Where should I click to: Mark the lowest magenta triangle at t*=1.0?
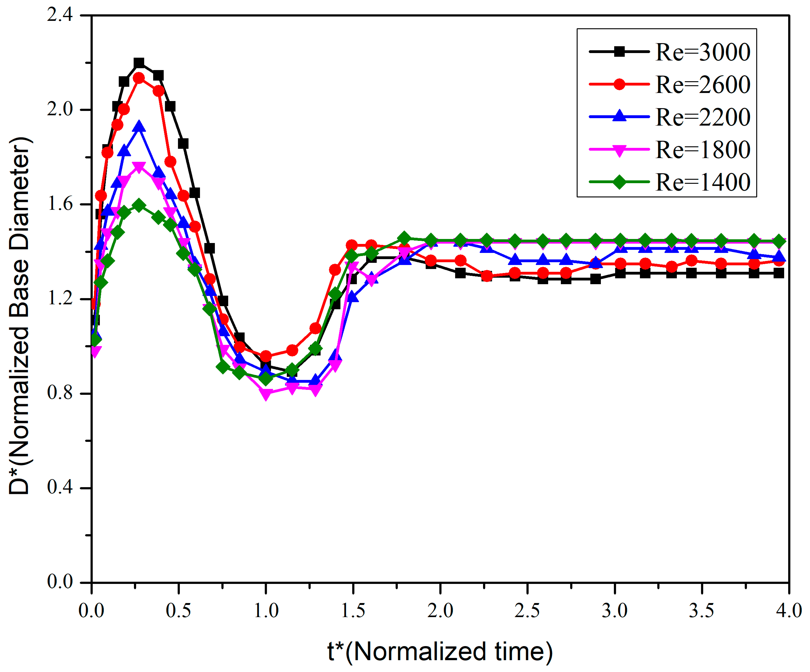point(266,393)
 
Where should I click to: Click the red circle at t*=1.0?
point(266,356)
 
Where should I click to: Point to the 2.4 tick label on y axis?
point(60,15)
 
